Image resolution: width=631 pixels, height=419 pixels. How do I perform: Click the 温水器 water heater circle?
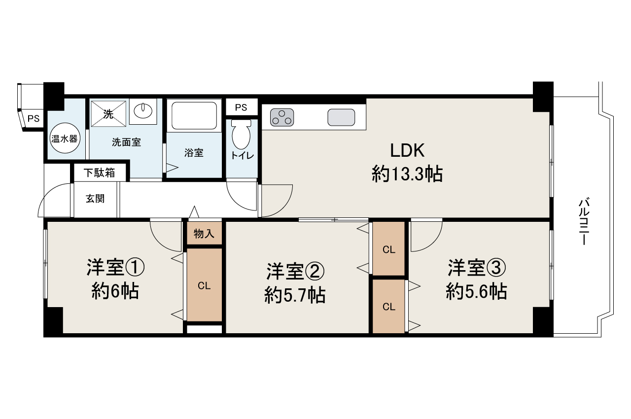(x=65, y=139)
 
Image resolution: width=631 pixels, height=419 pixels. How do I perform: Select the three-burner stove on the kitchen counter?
(x=282, y=117)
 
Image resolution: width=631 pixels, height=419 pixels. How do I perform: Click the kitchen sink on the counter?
(x=341, y=117)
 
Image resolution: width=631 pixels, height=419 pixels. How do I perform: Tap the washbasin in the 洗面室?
(x=143, y=110)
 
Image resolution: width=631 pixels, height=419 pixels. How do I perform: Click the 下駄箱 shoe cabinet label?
(x=99, y=173)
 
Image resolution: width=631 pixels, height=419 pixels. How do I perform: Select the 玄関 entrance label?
(x=95, y=199)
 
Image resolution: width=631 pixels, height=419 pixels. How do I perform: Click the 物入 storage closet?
(x=204, y=234)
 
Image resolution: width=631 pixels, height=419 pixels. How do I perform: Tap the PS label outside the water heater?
(x=33, y=118)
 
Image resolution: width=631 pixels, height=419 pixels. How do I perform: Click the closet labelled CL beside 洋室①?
(x=204, y=285)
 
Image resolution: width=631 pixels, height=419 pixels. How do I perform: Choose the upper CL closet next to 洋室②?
(x=389, y=249)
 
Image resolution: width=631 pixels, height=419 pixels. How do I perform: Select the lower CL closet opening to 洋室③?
(x=389, y=307)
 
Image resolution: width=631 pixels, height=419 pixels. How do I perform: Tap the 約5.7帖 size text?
(x=295, y=295)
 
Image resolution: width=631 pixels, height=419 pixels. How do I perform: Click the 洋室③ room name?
(x=476, y=269)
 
